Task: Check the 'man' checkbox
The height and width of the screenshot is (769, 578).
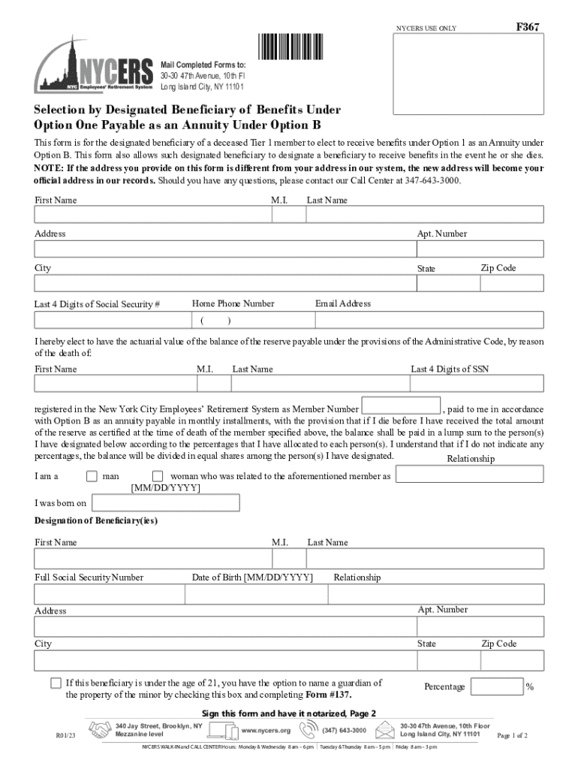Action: pyautogui.click(x=92, y=476)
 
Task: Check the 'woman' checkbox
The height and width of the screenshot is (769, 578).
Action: pyautogui.click(x=158, y=476)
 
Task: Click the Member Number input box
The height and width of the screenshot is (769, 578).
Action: pyautogui.click(x=401, y=406)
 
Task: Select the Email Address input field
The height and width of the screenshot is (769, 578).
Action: pyautogui.click(x=429, y=321)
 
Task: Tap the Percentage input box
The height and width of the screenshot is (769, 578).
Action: pyautogui.click(x=497, y=686)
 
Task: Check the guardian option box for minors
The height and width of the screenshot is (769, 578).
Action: pyautogui.click(x=56, y=683)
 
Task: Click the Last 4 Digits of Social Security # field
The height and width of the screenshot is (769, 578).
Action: pyautogui.click(x=110, y=321)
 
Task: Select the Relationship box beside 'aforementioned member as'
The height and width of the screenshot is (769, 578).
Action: pyautogui.click(x=469, y=475)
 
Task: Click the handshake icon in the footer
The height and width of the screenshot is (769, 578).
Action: pyautogui.click(x=99, y=730)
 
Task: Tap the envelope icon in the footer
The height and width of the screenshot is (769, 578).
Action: pyautogui.click(x=385, y=730)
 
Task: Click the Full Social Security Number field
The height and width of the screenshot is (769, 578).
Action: pyautogui.click(x=110, y=595)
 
